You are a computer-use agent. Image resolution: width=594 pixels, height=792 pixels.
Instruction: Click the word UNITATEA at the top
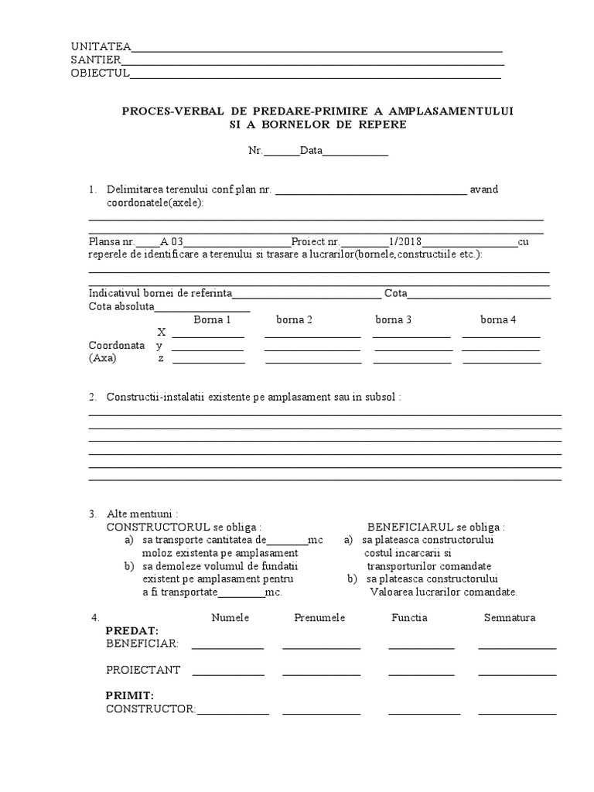click(101, 46)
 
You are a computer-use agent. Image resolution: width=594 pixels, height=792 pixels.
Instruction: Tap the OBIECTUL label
click(100, 73)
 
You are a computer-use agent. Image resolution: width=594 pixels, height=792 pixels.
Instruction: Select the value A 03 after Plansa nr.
click(172, 241)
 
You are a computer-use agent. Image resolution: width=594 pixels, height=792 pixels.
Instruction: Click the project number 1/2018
click(407, 241)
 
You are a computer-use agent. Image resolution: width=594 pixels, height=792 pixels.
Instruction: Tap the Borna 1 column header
click(212, 319)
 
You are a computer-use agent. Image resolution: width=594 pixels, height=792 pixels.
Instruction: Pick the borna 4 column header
click(498, 319)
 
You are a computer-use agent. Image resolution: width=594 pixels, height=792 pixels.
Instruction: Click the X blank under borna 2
click(312, 336)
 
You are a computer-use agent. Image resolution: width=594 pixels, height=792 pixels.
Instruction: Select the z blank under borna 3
click(412, 361)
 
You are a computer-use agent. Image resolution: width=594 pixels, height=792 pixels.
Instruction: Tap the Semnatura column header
click(510, 618)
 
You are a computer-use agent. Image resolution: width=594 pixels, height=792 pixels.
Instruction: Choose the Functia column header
click(409, 618)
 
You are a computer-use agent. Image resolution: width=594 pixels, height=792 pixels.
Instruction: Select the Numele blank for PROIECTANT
click(228, 674)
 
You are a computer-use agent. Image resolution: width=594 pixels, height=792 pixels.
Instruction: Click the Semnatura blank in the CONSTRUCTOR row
click(517, 712)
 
